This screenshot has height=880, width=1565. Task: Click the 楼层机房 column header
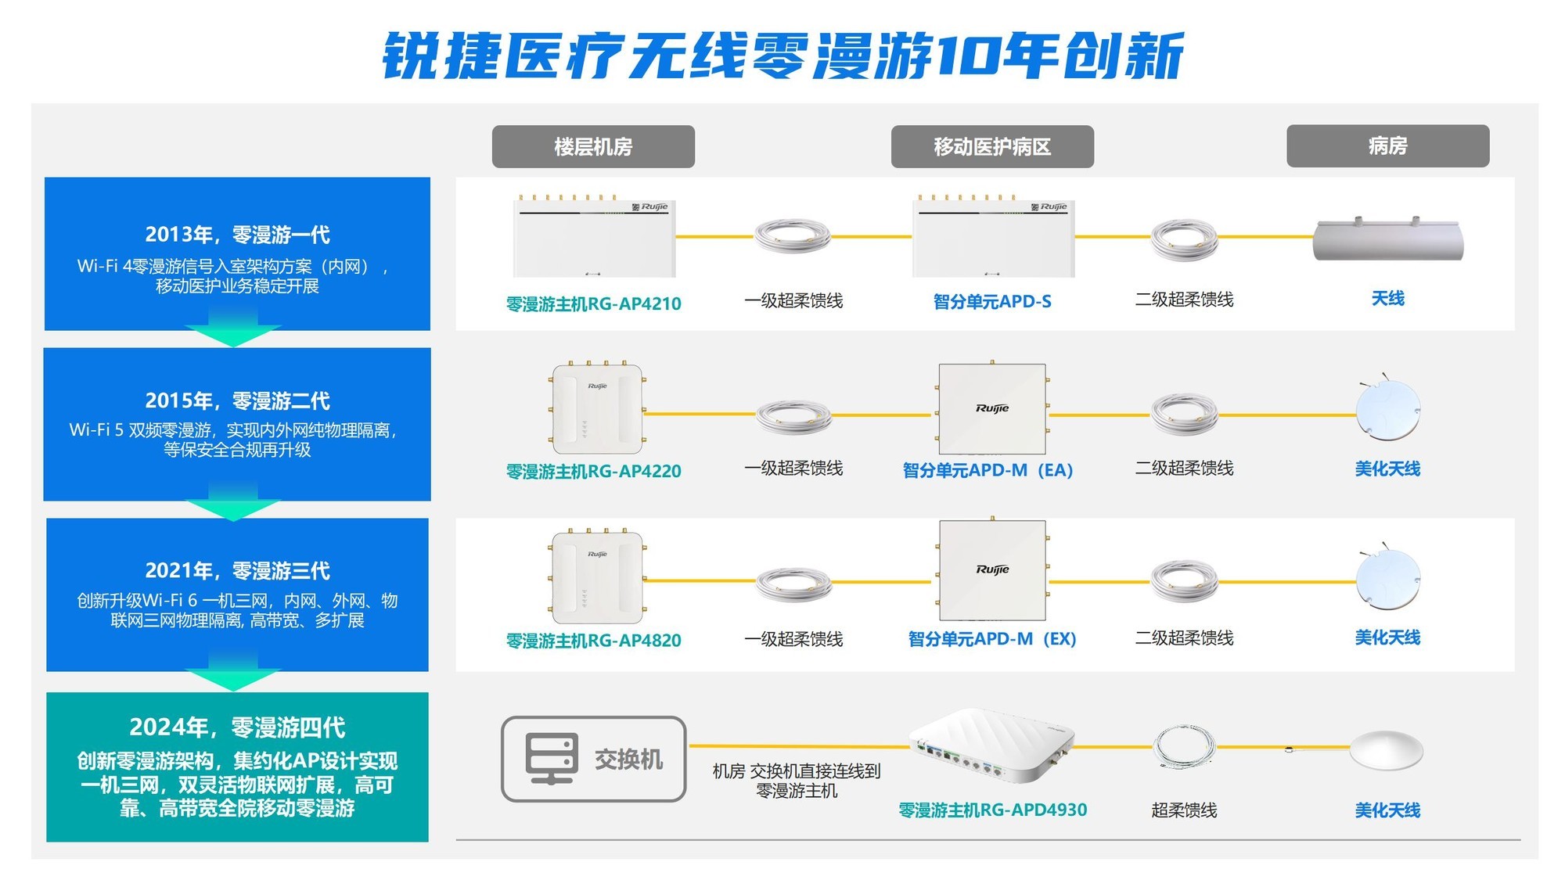593,146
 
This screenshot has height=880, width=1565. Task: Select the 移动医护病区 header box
992,146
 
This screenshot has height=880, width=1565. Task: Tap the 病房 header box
1388,145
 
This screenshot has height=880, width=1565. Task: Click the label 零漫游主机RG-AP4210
593,304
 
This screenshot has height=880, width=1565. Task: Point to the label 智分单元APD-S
992,301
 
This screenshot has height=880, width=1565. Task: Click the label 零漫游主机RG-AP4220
593,471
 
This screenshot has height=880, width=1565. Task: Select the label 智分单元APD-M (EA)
988,470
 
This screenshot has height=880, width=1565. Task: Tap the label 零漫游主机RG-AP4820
593,640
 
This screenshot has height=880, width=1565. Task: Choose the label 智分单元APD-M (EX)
992,638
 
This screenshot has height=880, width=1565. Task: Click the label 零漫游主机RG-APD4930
992,810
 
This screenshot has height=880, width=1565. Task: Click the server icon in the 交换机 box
552,758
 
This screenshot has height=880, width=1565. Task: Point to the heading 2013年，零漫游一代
237,235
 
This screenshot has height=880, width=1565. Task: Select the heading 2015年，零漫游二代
237,400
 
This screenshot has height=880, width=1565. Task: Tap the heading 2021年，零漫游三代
237,570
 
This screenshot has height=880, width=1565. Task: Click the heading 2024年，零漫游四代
237,727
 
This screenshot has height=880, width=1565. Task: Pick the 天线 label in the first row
1388,298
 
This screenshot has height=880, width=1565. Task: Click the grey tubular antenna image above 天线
1388,239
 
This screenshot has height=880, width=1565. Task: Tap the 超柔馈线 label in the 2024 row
1184,810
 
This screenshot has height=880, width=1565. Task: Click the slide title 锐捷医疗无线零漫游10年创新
782,56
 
